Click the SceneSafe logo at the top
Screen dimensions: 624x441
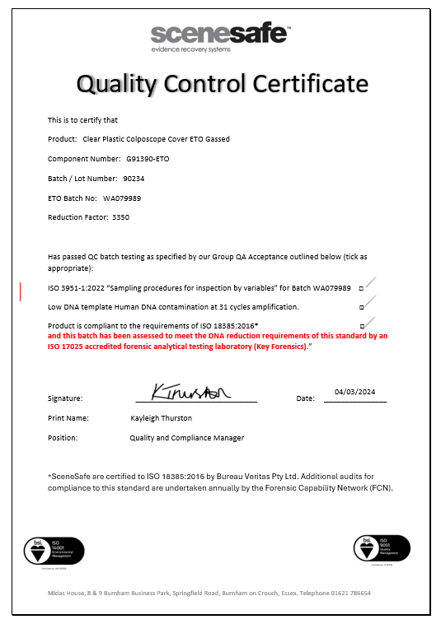[220, 34]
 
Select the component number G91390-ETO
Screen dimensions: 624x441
[148, 159]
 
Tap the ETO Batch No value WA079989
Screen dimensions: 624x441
[122, 198]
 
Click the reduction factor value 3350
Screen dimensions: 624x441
[120, 218]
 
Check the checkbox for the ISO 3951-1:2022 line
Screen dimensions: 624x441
[361, 289]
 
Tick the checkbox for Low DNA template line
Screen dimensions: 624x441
[361, 308]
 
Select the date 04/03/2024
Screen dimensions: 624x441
[354, 392]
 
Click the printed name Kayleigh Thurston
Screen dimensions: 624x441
[162, 418]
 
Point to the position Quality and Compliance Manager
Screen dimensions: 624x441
[186, 438]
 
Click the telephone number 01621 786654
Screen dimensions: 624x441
[350, 593]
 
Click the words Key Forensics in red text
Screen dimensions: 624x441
[280, 347]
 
